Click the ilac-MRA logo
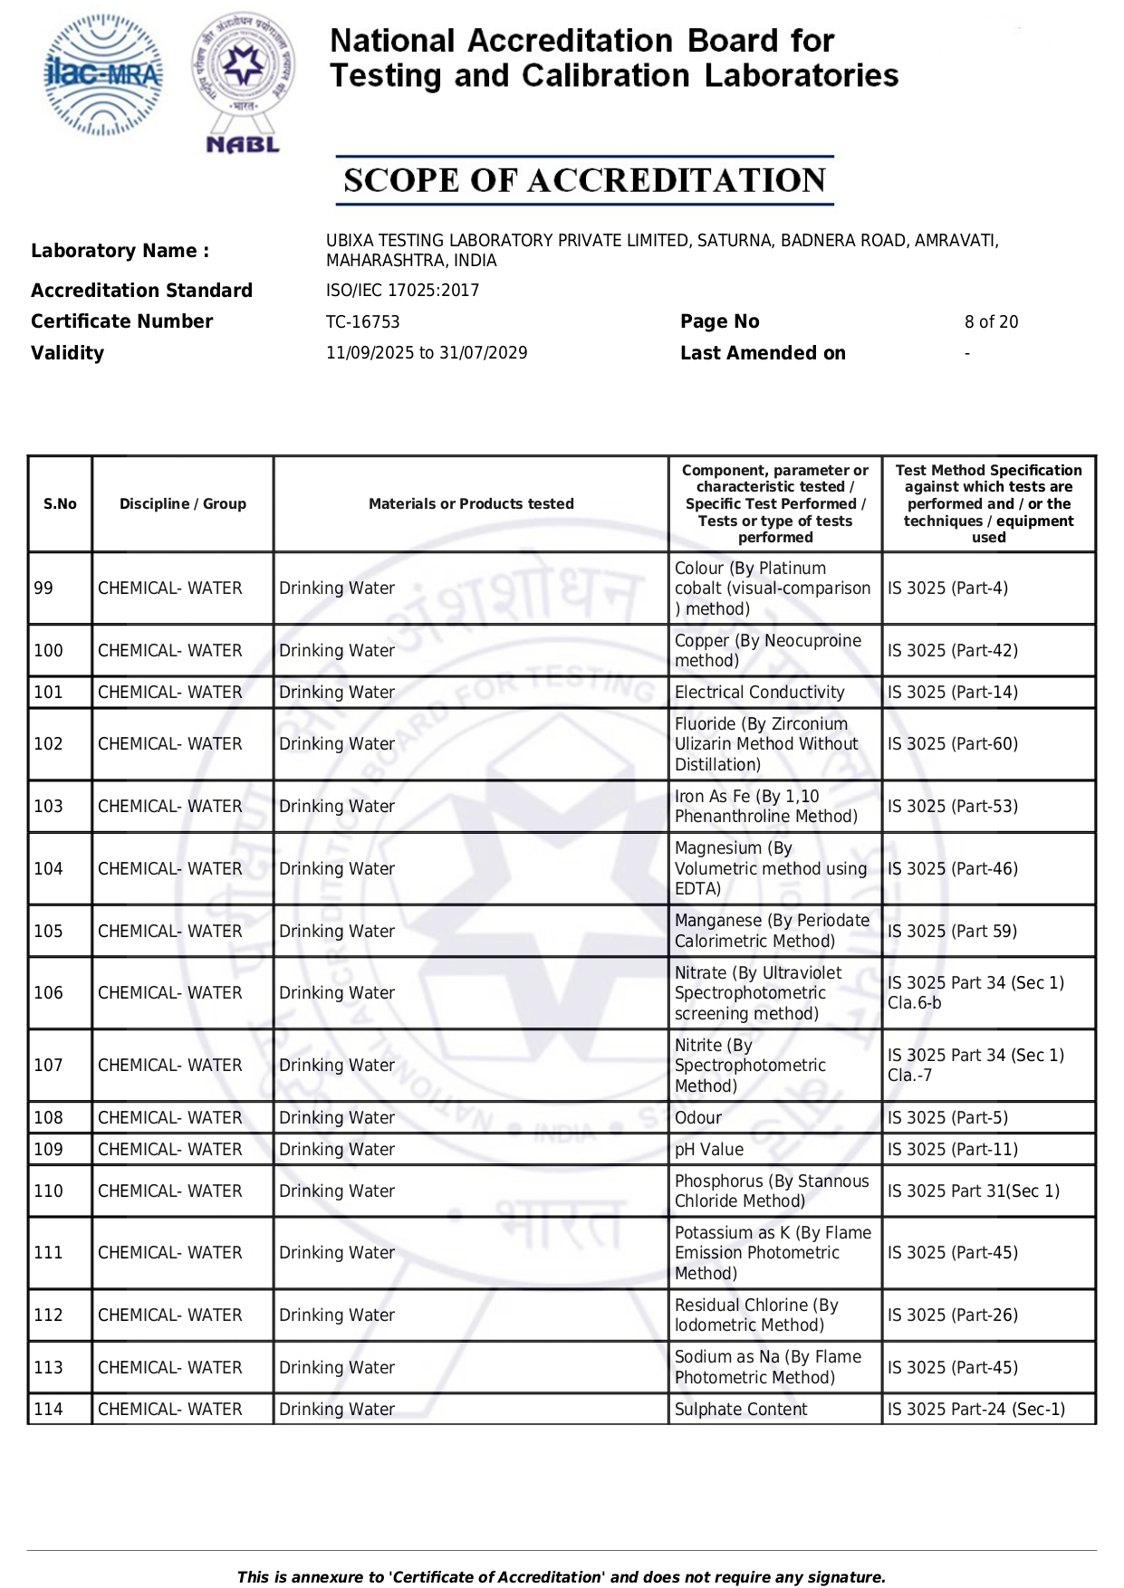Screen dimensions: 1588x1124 coord(103,75)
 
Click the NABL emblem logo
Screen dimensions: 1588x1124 coord(243,81)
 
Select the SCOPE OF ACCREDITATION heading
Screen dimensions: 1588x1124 coord(584,180)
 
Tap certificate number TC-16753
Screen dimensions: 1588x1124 coord(362,322)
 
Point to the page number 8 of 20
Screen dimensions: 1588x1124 coord(991,322)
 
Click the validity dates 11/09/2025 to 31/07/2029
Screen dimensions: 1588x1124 coord(427,353)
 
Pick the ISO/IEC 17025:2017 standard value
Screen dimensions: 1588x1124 coord(402,291)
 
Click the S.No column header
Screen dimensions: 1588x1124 coord(60,504)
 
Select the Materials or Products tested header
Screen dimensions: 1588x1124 coord(471,504)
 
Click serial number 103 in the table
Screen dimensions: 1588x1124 coord(48,807)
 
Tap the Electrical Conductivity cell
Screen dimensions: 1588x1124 coord(759,693)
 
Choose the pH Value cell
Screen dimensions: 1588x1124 coord(708,1150)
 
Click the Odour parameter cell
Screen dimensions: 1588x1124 coord(697,1118)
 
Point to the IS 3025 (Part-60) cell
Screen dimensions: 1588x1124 coord(952,744)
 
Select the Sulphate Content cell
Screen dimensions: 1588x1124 coord(740,1410)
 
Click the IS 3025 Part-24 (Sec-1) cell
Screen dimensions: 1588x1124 coord(975,1410)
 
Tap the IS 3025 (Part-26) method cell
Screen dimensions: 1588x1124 coord(952,1315)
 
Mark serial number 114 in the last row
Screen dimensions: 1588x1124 coord(48,1410)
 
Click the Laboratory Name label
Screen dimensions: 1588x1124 coord(120,251)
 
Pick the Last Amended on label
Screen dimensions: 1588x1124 coord(763,353)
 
